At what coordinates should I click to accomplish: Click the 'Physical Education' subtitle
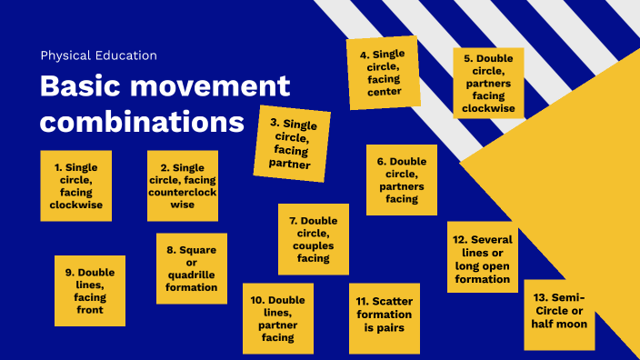[98, 55]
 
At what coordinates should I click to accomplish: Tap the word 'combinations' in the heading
[142, 122]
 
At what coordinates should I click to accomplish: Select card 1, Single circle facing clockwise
[76, 185]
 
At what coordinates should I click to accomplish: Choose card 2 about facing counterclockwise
[183, 185]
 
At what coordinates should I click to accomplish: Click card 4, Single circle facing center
[384, 73]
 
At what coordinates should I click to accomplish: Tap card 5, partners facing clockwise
[489, 84]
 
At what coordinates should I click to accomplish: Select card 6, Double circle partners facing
[401, 180]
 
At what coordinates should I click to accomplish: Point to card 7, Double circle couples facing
[314, 239]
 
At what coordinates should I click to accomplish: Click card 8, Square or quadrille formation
[192, 268]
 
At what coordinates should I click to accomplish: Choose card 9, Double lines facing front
[90, 290]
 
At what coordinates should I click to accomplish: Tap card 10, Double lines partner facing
[278, 318]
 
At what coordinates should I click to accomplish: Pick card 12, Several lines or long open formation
[483, 257]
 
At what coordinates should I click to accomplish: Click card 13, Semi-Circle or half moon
[560, 315]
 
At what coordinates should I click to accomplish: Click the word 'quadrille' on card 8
[192, 275]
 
